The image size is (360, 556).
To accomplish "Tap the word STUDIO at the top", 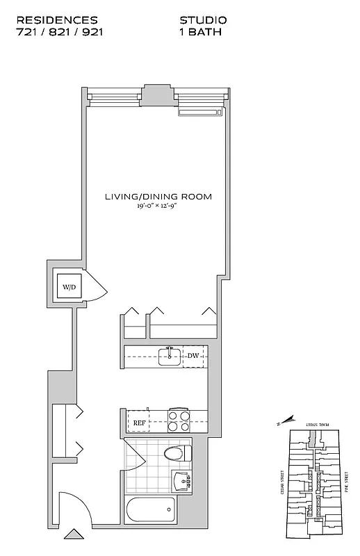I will (x=203, y=22).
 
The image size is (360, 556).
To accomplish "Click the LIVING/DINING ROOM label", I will (x=158, y=197).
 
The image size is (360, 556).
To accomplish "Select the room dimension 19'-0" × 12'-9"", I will (x=158, y=206).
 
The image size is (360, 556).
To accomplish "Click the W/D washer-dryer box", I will (x=69, y=286).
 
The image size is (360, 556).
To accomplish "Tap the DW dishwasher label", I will (x=193, y=356).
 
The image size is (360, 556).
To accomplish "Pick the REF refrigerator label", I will (x=139, y=421).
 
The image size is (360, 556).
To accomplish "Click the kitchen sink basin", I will (x=169, y=357).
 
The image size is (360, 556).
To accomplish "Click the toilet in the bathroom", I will (x=177, y=454).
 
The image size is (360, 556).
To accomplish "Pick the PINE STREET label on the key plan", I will (x=345, y=485).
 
